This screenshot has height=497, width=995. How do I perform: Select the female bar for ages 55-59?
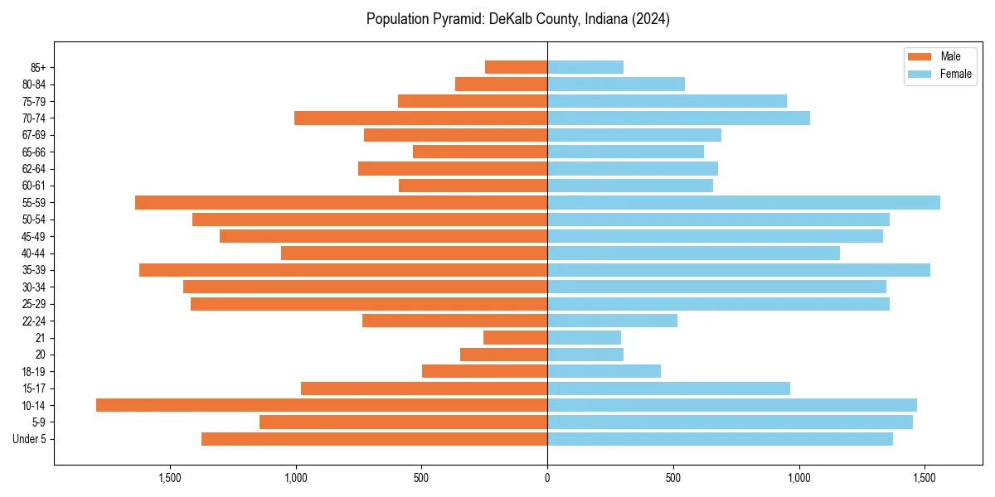pyautogui.click(x=744, y=202)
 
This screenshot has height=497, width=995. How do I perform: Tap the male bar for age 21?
pyautogui.click(x=515, y=337)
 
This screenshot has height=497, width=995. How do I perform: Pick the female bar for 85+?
pyautogui.click(x=585, y=67)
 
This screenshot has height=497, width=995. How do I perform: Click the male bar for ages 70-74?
pyautogui.click(x=420, y=118)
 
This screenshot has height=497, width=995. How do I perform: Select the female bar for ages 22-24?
pyautogui.click(x=612, y=321)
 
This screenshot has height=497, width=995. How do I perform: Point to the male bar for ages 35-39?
pyautogui.click(x=343, y=270)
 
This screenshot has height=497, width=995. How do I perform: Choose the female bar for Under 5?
pyautogui.click(x=720, y=439)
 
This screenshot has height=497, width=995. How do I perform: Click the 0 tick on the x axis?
pyautogui.click(x=547, y=478)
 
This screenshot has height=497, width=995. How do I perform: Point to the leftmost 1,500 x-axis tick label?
pyautogui.click(x=169, y=478)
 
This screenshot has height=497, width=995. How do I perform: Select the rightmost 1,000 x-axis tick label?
pyautogui.click(x=799, y=478)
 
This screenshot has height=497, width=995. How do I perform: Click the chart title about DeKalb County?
pyautogui.click(x=518, y=19)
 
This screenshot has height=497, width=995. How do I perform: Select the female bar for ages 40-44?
pyautogui.click(x=693, y=253)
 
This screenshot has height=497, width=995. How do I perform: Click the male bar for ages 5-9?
pyautogui.click(x=403, y=422)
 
